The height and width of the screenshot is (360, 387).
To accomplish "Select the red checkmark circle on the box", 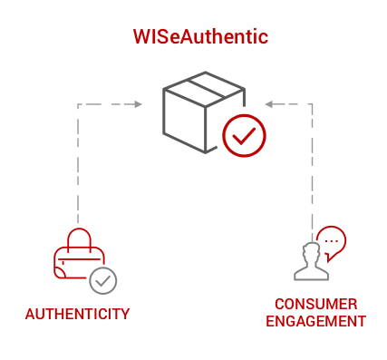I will point(242,136).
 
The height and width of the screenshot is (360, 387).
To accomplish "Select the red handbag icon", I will point(78,257).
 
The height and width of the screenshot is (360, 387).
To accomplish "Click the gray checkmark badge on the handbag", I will point(103,281).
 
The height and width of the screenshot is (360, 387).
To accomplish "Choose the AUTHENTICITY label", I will point(77,315).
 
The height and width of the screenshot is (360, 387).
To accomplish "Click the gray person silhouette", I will point(310,261).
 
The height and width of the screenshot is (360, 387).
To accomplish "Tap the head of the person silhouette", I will point(311,250).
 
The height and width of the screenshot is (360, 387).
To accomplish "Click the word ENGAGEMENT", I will point(322,321).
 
